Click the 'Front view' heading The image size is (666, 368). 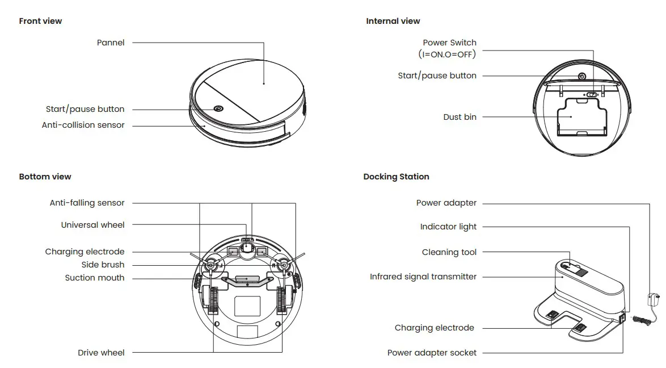tap(40, 21)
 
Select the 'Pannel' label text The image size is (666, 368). tap(111, 43)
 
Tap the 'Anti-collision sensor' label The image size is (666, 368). tap(83, 125)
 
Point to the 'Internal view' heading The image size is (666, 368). tap(393, 21)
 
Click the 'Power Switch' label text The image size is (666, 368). tap(449, 43)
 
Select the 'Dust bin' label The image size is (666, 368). tap(460, 117)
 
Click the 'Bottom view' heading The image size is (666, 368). tap(45, 177)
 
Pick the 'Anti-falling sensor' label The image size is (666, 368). tap(87, 203)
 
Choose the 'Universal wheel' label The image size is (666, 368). tap(92, 225)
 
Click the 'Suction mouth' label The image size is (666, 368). tap(94, 278)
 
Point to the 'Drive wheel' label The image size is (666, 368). tap(101, 353)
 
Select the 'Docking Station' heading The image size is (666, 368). tap(396, 177)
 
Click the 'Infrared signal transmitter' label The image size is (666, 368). tap(423, 277)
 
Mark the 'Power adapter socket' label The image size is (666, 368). tap(432, 353)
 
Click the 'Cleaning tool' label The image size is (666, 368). tap(449, 252)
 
